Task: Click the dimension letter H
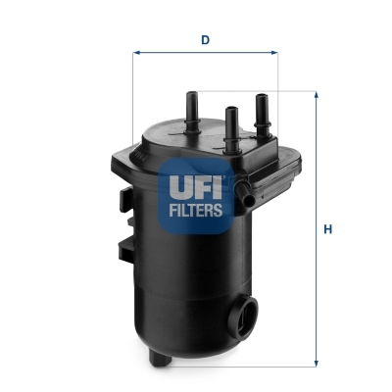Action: point(329,230)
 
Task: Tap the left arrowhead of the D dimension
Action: point(136,53)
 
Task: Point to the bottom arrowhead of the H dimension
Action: point(316,364)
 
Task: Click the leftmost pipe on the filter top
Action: point(190,105)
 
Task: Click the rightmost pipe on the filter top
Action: point(262,109)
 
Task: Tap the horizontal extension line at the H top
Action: point(294,93)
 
